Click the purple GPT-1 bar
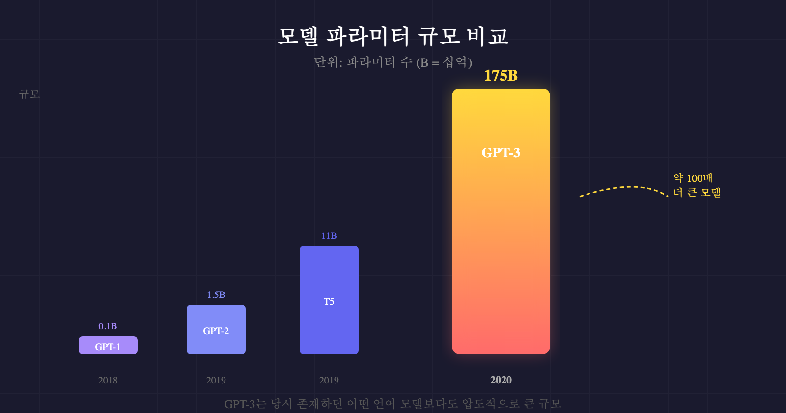108,345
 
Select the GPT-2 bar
216,329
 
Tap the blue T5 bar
329,300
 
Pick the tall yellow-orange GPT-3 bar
501,221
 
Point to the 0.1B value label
108,326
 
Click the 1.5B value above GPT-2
216,295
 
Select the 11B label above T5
329,236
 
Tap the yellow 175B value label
501,75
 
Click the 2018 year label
108,380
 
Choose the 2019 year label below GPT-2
216,380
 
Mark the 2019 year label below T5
329,380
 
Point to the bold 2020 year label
501,380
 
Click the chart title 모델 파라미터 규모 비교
393,36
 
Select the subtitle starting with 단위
393,62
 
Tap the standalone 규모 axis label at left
29,94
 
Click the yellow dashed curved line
624,188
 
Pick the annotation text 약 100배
693,178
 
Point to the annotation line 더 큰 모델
697,192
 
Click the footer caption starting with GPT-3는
393,404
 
